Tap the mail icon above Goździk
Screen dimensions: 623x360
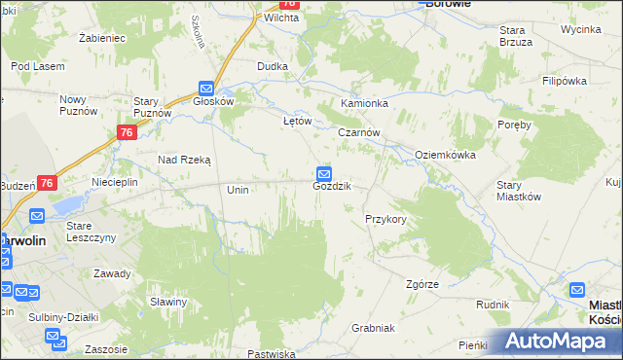[324, 172]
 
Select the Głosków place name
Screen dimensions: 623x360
[214, 100]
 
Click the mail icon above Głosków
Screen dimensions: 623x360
[205, 87]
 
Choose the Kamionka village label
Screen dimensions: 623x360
[364, 103]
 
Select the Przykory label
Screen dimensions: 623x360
[385, 219]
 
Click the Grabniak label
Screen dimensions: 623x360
[372, 328]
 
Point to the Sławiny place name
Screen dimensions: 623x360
[168, 302]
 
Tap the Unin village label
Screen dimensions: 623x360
[238, 190]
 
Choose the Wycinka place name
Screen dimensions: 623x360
[580, 29]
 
